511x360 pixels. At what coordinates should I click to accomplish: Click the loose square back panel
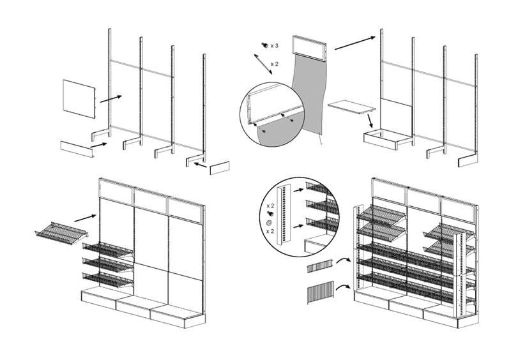79,98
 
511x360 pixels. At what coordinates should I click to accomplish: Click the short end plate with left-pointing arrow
219,169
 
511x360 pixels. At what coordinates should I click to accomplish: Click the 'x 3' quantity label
274,46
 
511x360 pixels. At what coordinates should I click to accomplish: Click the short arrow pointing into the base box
370,120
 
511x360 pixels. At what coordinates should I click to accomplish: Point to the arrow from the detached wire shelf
86,218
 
